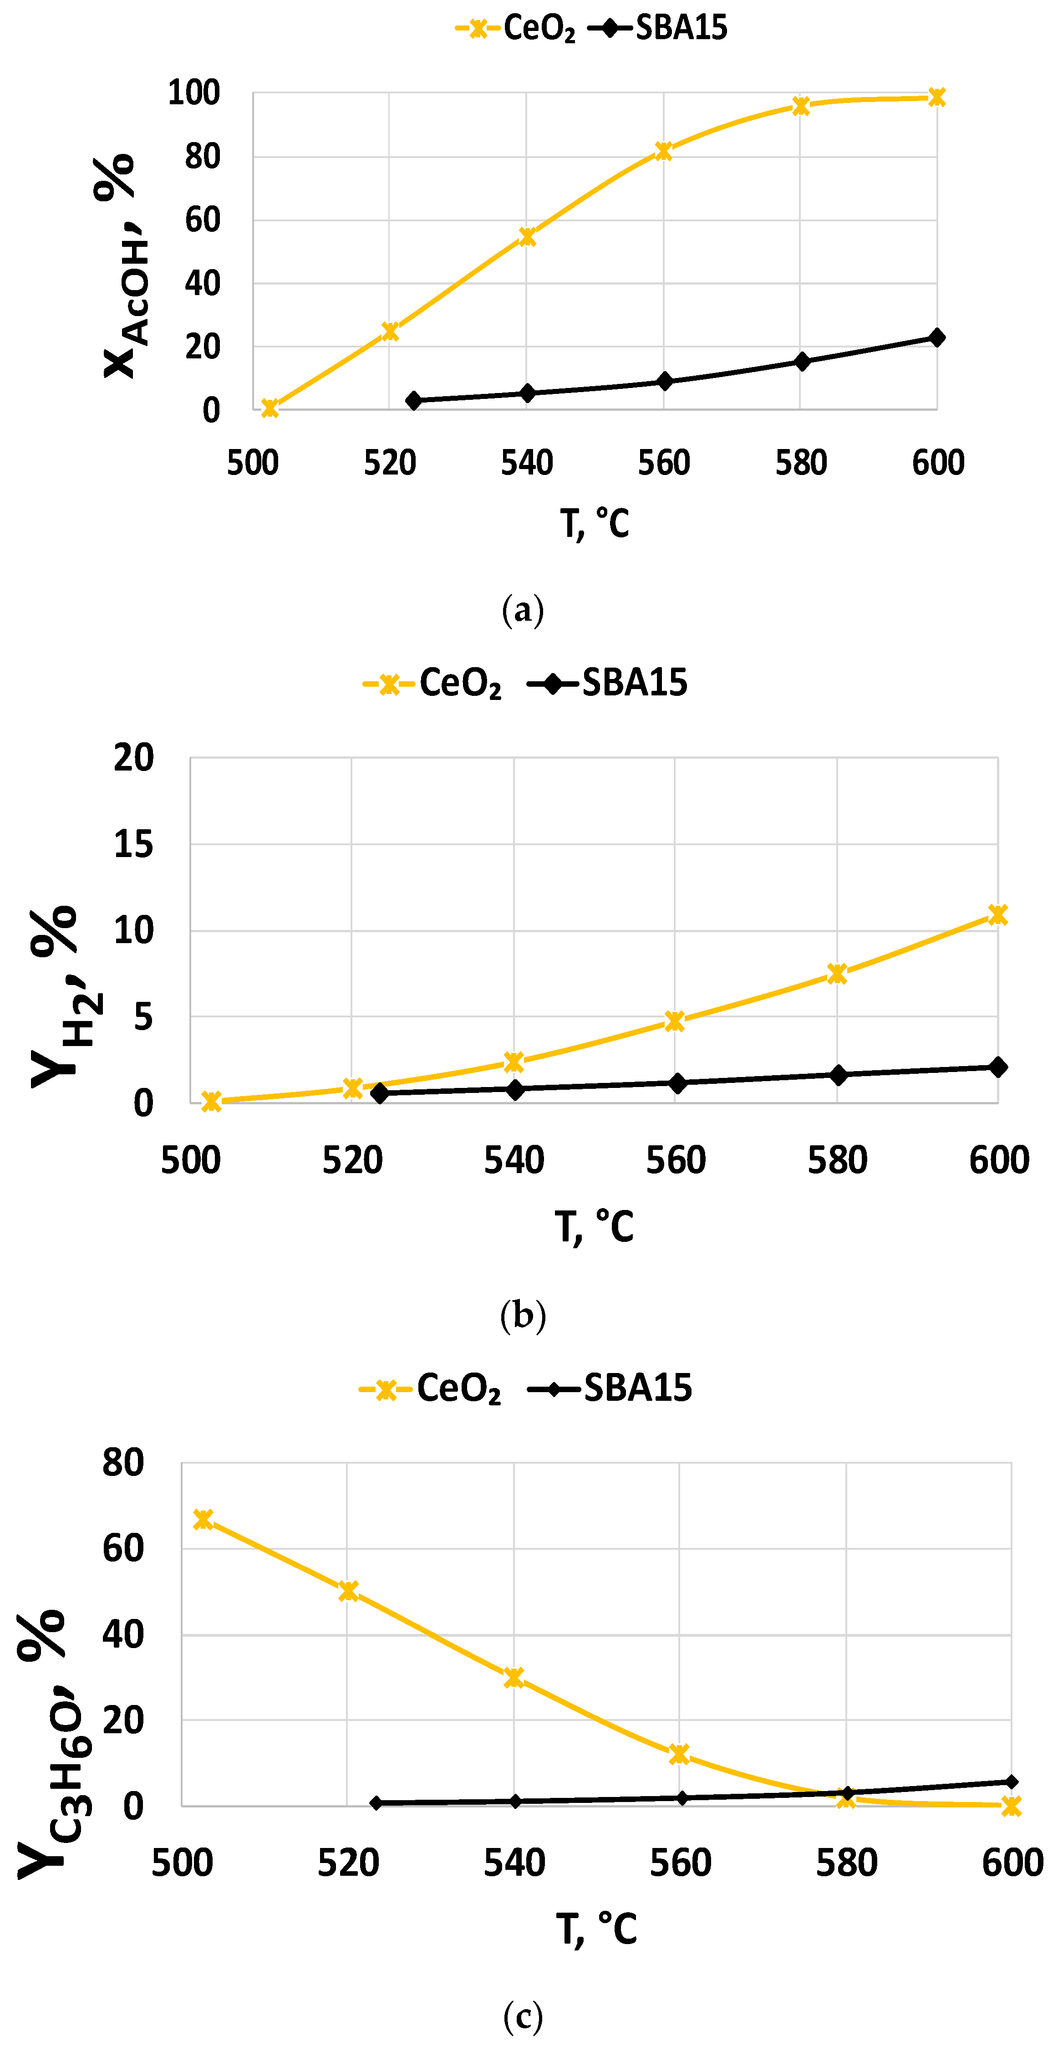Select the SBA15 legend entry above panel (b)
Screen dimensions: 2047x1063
click(x=608, y=683)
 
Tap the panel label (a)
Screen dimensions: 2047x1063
click(x=523, y=610)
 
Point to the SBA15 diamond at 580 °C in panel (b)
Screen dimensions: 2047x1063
click(x=838, y=1075)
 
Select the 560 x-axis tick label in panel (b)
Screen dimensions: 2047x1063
click(x=675, y=1161)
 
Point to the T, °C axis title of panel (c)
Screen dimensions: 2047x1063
click(x=596, y=1929)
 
